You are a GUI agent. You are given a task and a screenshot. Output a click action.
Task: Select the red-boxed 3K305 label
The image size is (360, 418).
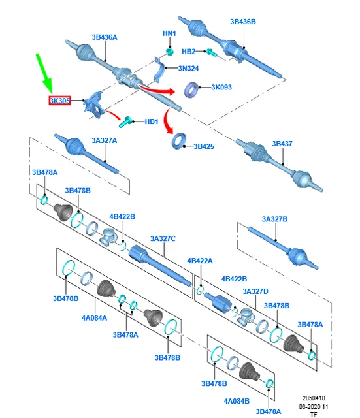click(59, 101)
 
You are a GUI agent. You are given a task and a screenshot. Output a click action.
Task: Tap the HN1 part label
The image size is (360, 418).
click(169, 33)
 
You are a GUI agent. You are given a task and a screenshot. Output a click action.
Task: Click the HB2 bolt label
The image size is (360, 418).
click(189, 51)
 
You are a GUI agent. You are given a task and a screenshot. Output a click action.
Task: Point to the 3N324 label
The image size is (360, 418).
click(189, 69)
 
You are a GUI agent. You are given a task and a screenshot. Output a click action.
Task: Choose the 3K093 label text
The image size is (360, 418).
click(221, 87)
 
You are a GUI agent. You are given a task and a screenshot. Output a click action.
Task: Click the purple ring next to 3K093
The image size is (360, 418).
click(191, 89)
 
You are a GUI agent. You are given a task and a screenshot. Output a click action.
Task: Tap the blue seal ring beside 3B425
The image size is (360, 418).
click(179, 140)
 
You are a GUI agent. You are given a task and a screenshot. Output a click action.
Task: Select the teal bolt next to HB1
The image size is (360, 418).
click(126, 122)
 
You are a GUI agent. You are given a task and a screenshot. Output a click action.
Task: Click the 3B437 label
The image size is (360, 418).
click(282, 144)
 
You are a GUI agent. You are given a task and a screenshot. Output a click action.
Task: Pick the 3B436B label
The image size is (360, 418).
click(243, 22)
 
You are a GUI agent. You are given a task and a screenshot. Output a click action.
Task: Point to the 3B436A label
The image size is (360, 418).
click(105, 37)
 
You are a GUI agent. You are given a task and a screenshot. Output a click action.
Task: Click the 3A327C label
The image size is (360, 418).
click(163, 238)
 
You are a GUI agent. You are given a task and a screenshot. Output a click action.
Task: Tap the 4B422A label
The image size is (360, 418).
click(200, 261)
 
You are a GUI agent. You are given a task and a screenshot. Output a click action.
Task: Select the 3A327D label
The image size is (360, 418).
click(255, 291)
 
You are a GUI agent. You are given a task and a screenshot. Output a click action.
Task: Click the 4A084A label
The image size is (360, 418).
click(94, 318)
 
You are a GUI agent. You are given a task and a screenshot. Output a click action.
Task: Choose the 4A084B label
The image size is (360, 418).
click(237, 401)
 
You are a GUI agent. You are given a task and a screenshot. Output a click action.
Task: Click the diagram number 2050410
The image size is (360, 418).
click(314, 398)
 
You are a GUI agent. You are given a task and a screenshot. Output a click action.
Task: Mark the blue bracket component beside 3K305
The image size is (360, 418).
click(94, 104)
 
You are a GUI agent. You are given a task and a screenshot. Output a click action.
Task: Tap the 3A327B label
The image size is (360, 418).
click(274, 219)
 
